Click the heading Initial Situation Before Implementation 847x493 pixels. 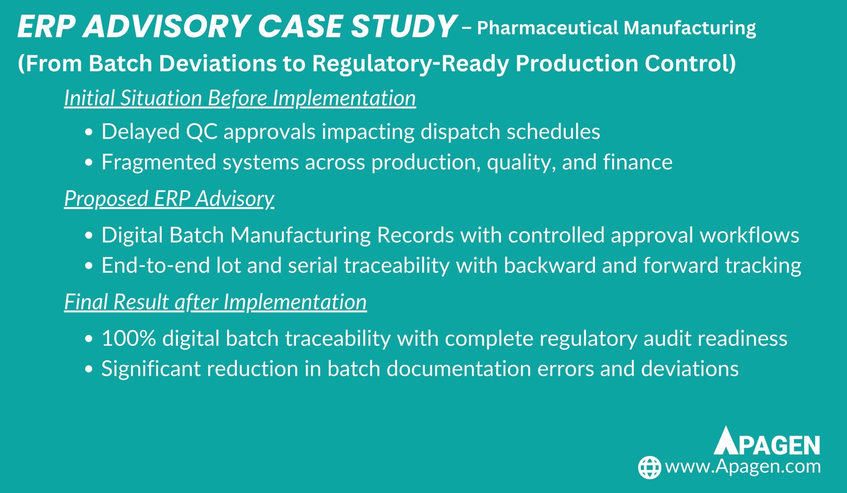pos(240,98)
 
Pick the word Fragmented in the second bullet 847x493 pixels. pos(158,163)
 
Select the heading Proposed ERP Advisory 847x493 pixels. pos(169,199)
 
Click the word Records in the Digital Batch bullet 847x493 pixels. pos(416,235)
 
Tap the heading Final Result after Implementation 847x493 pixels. pos(215,302)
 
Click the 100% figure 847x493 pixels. pos(129,338)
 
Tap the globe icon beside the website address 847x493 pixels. pos(650,467)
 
